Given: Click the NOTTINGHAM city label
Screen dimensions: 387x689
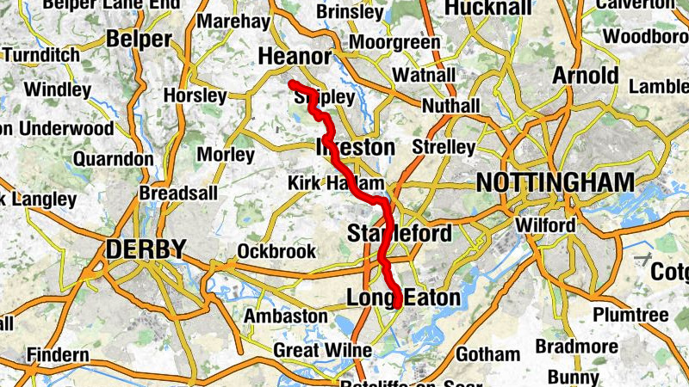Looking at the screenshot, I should coord(555,182).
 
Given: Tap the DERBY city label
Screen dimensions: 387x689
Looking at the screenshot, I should coord(146,249).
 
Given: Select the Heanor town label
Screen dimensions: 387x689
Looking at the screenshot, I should coord(295,57).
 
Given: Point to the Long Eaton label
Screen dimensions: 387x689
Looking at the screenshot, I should coord(403,298).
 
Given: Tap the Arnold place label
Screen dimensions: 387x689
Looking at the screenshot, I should coord(586,75).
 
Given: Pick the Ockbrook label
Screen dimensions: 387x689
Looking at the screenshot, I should coord(271,252).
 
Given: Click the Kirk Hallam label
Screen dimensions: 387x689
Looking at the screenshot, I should coord(336,183).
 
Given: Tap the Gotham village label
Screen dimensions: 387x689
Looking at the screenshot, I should coord(488,353).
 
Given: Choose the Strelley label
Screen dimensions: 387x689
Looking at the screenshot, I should coord(444,147).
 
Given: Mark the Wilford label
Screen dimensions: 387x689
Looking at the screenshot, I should coord(545,225).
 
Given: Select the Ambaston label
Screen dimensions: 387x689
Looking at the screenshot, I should coord(285,316).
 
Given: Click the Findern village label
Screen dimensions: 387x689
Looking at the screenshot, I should coord(58,354).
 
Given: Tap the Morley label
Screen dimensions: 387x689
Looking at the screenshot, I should coord(226,155).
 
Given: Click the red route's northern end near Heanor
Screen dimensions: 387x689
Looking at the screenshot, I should coord(292,83).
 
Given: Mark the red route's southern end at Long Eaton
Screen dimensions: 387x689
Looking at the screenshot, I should coord(399,304).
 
